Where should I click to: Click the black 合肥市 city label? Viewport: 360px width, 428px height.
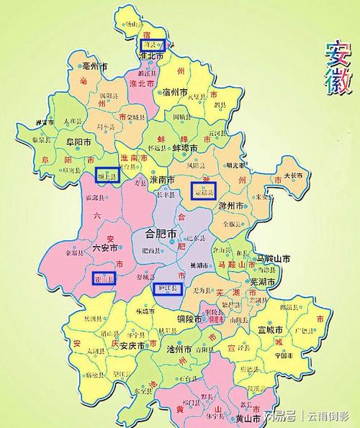coord(162,233)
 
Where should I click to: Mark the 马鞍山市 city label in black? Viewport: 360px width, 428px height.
coord(274,258)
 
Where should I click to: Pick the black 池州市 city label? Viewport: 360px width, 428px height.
coord(177,349)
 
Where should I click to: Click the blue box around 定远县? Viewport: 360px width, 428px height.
coord(203,191)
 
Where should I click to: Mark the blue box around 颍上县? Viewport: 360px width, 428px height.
coord(107,176)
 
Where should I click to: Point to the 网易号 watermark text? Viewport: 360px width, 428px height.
coord(281,416)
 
